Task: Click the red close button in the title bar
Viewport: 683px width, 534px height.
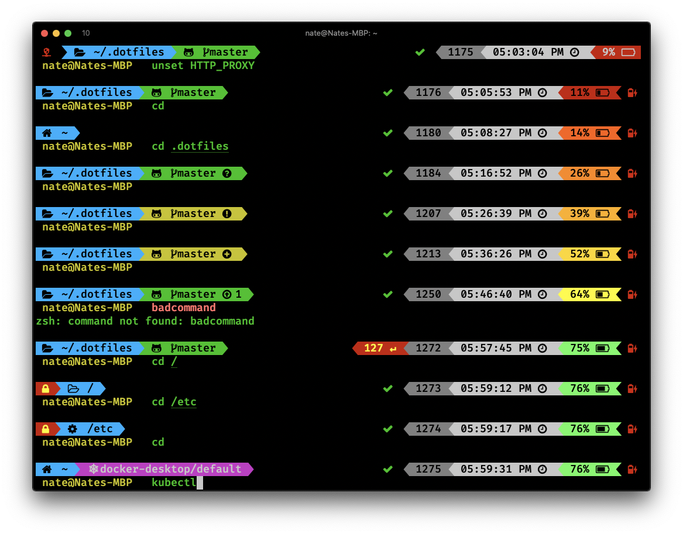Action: (x=44, y=33)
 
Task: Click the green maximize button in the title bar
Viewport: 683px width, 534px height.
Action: (x=68, y=33)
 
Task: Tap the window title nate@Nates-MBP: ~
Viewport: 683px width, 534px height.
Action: (x=341, y=33)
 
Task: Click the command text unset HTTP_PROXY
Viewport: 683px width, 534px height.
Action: (x=203, y=66)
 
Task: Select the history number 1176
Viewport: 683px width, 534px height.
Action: (x=428, y=92)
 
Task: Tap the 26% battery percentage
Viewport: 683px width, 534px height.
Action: (x=579, y=173)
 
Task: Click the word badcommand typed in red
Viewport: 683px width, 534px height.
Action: (x=184, y=308)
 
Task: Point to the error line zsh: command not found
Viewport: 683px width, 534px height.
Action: (x=145, y=321)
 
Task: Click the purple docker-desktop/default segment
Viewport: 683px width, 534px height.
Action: (x=170, y=469)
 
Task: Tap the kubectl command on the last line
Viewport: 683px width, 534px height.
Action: (x=174, y=483)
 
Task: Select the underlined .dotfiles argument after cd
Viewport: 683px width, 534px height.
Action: (x=200, y=146)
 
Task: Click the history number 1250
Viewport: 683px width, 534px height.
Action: (x=428, y=294)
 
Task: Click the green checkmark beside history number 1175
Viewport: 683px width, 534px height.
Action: (x=420, y=52)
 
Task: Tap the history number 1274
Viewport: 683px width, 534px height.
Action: (x=428, y=429)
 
